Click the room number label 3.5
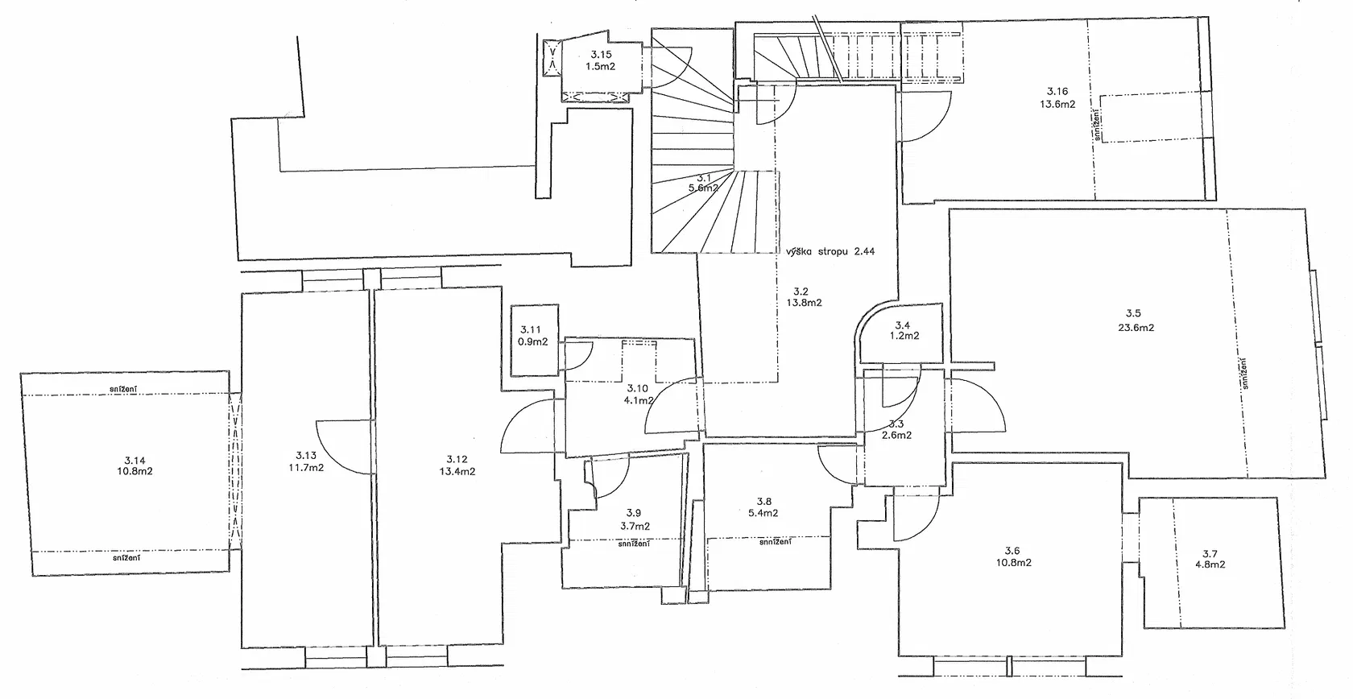point(1133,313)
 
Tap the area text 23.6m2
point(1136,328)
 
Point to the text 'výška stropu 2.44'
point(830,251)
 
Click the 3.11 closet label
point(530,329)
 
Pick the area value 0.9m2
point(533,341)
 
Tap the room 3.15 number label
point(601,55)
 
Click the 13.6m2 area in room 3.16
point(1057,104)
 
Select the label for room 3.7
point(1210,553)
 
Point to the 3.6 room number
point(1012,550)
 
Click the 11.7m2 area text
point(306,467)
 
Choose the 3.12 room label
point(457,459)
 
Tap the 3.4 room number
point(902,325)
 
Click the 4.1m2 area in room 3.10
point(639,400)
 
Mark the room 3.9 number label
point(634,513)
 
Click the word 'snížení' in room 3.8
point(776,542)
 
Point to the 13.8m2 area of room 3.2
point(804,303)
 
